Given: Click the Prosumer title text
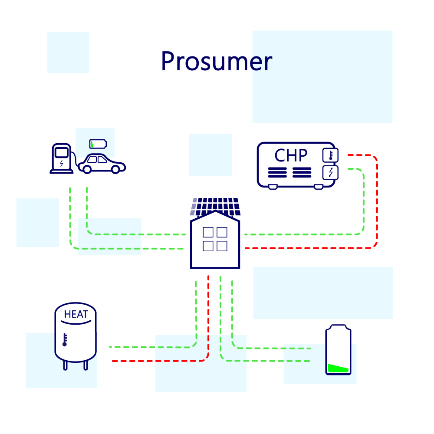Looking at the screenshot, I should click(x=216, y=61).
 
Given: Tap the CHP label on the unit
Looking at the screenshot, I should click(x=291, y=155).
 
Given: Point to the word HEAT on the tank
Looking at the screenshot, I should click(x=76, y=315).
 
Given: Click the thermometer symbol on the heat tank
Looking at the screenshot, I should click(x=65, y=339).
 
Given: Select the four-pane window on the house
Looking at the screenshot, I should click(x=215, y=239).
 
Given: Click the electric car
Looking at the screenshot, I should click(x=103, y=164).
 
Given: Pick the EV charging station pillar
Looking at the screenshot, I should click(x=61, y=158).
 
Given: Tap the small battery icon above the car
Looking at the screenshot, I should click(x=98, y=144).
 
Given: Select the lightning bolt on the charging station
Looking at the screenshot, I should click(x=61, y=164).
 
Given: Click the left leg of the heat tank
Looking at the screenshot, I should click(x=66, y=365).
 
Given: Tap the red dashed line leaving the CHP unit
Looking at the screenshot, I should click(x=376, y=200).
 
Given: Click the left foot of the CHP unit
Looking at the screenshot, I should click(x=273, y=187).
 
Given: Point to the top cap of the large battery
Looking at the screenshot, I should click(x=339, y=327).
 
